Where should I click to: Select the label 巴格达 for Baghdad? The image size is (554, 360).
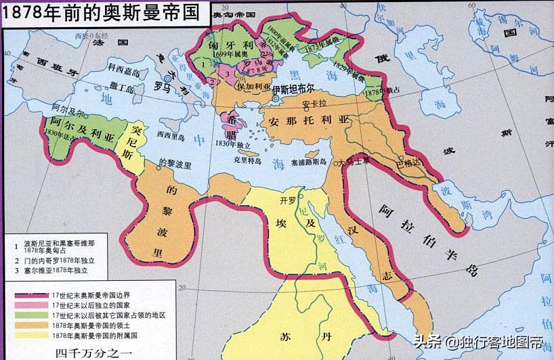[x=408, y=163]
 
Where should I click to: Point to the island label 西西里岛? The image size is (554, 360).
[x=169, y=135]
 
